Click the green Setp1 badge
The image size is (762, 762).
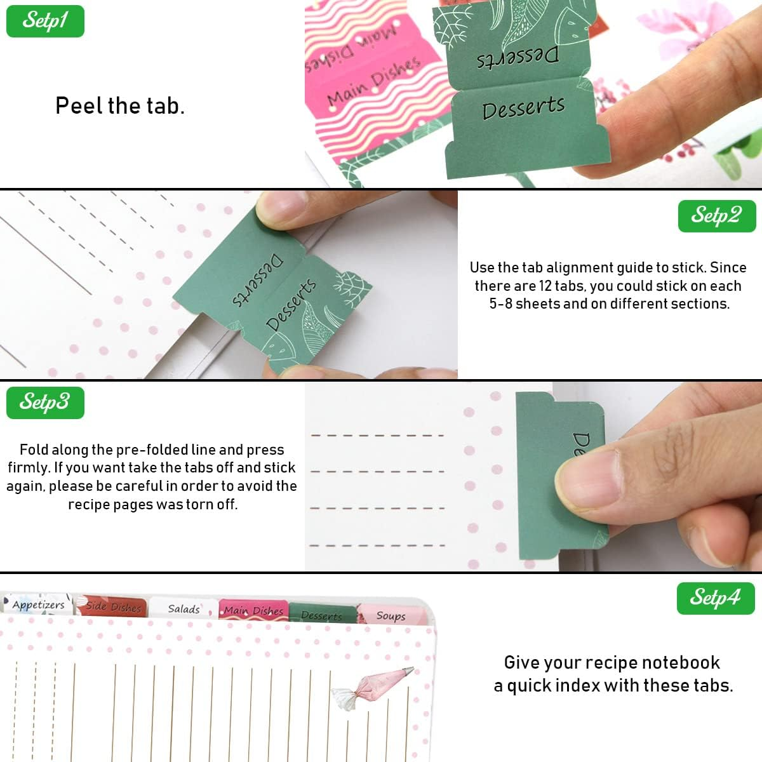45,21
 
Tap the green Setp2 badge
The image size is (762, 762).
717,216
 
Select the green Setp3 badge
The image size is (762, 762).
45,403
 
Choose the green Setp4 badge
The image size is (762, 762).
716,598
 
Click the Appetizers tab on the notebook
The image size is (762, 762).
37,605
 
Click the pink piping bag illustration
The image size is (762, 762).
372,688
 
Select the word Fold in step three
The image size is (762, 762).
34,450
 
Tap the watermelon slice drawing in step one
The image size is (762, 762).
572,28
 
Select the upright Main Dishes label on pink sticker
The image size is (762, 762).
373,82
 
